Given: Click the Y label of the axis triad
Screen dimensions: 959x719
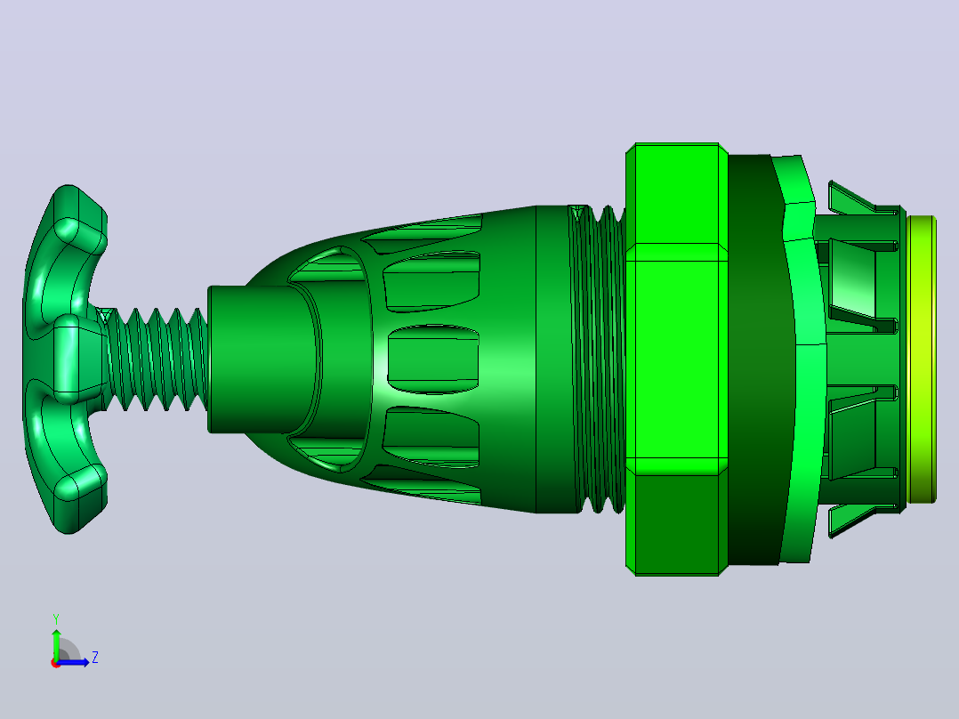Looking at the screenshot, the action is click(56, 618).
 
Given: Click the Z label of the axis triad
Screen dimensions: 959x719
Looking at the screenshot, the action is click(95, 658).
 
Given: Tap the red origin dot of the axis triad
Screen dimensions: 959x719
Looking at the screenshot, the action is click(56, 663).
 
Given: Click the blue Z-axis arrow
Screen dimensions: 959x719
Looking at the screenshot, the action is click(73, 662).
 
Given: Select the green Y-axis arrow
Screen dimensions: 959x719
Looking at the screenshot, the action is click(56, 645).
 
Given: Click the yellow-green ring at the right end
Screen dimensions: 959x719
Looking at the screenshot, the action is click(922, 359).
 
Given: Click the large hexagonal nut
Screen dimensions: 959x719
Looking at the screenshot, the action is click(676, 359).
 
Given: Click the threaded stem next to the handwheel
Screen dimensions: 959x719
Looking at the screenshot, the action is click(156, 359).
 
